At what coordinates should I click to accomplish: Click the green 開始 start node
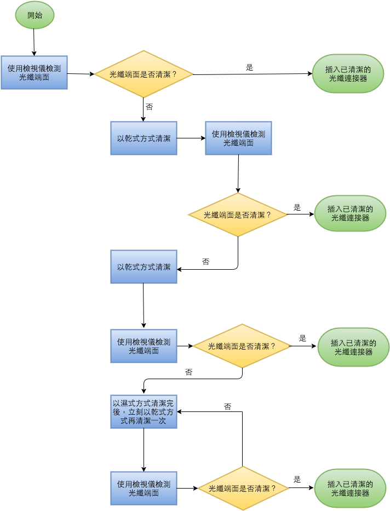(x=35, y=15)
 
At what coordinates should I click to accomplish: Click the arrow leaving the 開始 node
(x=34, y=42)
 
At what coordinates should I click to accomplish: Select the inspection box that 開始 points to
(x=35, y=72)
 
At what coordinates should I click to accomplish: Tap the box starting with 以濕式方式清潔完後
(x=144, y=411)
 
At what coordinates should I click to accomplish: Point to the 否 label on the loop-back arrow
(x=227, y=407)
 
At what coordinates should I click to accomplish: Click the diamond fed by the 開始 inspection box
(x=144, y=74)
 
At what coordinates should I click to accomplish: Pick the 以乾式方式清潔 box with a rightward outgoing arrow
(x=144, y=138)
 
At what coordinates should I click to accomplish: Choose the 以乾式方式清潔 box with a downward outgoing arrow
(x=144, y=266)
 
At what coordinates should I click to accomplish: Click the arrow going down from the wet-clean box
(x=144, y=450)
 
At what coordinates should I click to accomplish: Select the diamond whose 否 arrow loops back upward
(x=243, y=488)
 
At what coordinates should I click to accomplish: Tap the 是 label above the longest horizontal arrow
(x=249, y=67)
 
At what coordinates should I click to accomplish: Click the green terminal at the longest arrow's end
(x=348, y=74)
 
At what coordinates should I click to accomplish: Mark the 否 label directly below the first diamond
(x=149, y=107)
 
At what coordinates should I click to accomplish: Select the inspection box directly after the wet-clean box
(x=144, y=488)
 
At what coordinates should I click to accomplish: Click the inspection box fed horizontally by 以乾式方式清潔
(x=238, y=138)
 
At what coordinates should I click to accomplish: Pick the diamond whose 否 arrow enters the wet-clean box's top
(x=242, y=346)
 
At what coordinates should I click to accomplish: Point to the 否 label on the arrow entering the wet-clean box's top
(x=188, y=372)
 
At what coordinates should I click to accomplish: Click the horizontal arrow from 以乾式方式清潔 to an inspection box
(x=191, y=138)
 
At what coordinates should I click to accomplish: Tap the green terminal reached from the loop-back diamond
(x=350, y=488)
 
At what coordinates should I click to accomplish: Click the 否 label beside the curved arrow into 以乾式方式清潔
(x=205, y=262)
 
